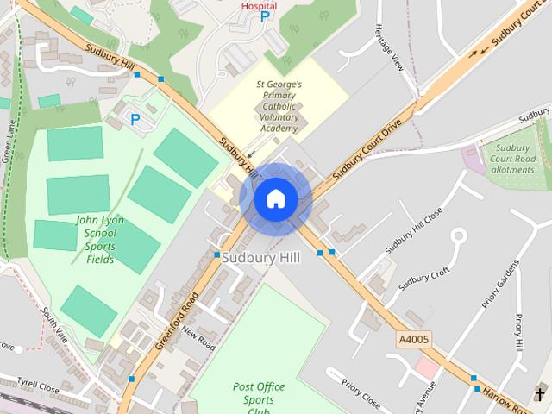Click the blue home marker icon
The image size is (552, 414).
(x=276, y=198)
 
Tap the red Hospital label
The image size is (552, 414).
(x=259, y=5)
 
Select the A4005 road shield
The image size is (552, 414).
(x=413, y=341)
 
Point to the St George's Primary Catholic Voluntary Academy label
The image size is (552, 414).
(x=279, y=107)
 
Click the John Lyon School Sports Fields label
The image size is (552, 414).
(x=100, y=239)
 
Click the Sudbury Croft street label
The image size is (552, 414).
(x=424, y=279)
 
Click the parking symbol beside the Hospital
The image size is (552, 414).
(x=265, y=17)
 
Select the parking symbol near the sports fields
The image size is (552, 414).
(x=135, y=119)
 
